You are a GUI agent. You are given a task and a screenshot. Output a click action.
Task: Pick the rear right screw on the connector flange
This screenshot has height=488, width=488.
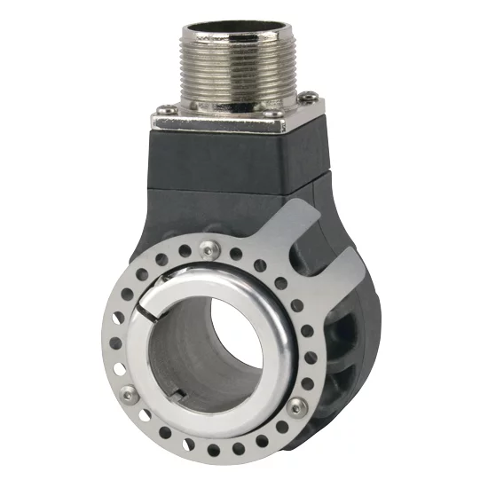coord(306,97)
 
